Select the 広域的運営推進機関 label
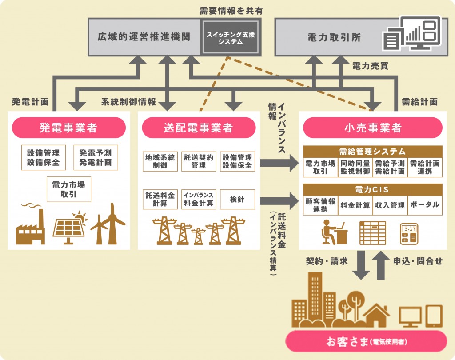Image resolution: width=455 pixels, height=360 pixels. pos(144,37)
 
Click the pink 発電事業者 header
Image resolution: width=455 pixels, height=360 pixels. pos(68,128)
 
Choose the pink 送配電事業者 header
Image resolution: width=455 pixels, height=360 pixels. pos(199,128)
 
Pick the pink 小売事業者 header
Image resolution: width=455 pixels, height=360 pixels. pos(372,128)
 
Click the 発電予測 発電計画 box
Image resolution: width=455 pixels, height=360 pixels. pos(96,157)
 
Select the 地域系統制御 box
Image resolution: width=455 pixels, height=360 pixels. pos(160,161)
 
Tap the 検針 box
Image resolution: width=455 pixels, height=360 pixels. pos(238,200)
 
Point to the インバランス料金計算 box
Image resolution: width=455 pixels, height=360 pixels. pos(199,200)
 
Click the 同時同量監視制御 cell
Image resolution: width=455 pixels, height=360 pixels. pos(355,167)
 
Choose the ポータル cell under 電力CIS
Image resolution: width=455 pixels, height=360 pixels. pos(425,205)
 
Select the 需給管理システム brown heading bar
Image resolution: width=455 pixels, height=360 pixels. pos(372,152)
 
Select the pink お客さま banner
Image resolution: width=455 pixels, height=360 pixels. pos(366,341)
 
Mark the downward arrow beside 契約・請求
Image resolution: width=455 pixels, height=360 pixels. pos(363,265)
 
